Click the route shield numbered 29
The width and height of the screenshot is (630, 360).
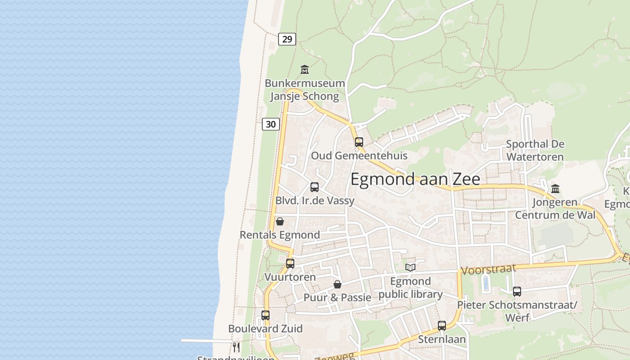pos(287,39)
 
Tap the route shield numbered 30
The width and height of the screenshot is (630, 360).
pos(271,124)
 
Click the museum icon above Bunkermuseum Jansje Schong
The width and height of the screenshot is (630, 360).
pos(305,70)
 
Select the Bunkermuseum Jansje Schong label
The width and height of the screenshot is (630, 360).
pos(305,90)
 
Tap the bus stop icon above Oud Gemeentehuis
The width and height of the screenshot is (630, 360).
pos(359,142)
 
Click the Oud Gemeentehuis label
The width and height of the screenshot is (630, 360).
pos(359,156)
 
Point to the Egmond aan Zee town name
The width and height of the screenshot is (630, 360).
pos(415,179)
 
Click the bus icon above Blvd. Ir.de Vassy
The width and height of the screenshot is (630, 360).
pos(315,187)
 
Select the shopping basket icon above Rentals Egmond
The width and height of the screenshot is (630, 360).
pos(280,221)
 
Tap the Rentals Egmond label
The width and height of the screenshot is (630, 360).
pos(279,235)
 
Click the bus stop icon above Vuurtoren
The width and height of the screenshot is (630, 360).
pos(290,264)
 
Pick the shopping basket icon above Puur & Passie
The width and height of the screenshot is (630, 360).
pos(337,284)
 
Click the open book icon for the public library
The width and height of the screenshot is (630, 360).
pos(410,268)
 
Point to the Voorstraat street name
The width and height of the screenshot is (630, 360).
pos(488,270)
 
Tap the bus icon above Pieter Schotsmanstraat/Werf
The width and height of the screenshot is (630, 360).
pos(517,292)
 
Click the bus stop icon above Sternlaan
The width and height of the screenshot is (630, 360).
pos(442,326)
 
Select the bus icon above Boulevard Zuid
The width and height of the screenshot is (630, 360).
pos(265,315)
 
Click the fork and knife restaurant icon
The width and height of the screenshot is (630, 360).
pos(236,347)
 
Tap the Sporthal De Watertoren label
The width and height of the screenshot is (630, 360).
pos(535,150)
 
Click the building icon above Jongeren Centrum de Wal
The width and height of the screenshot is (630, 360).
pos(555,189)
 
